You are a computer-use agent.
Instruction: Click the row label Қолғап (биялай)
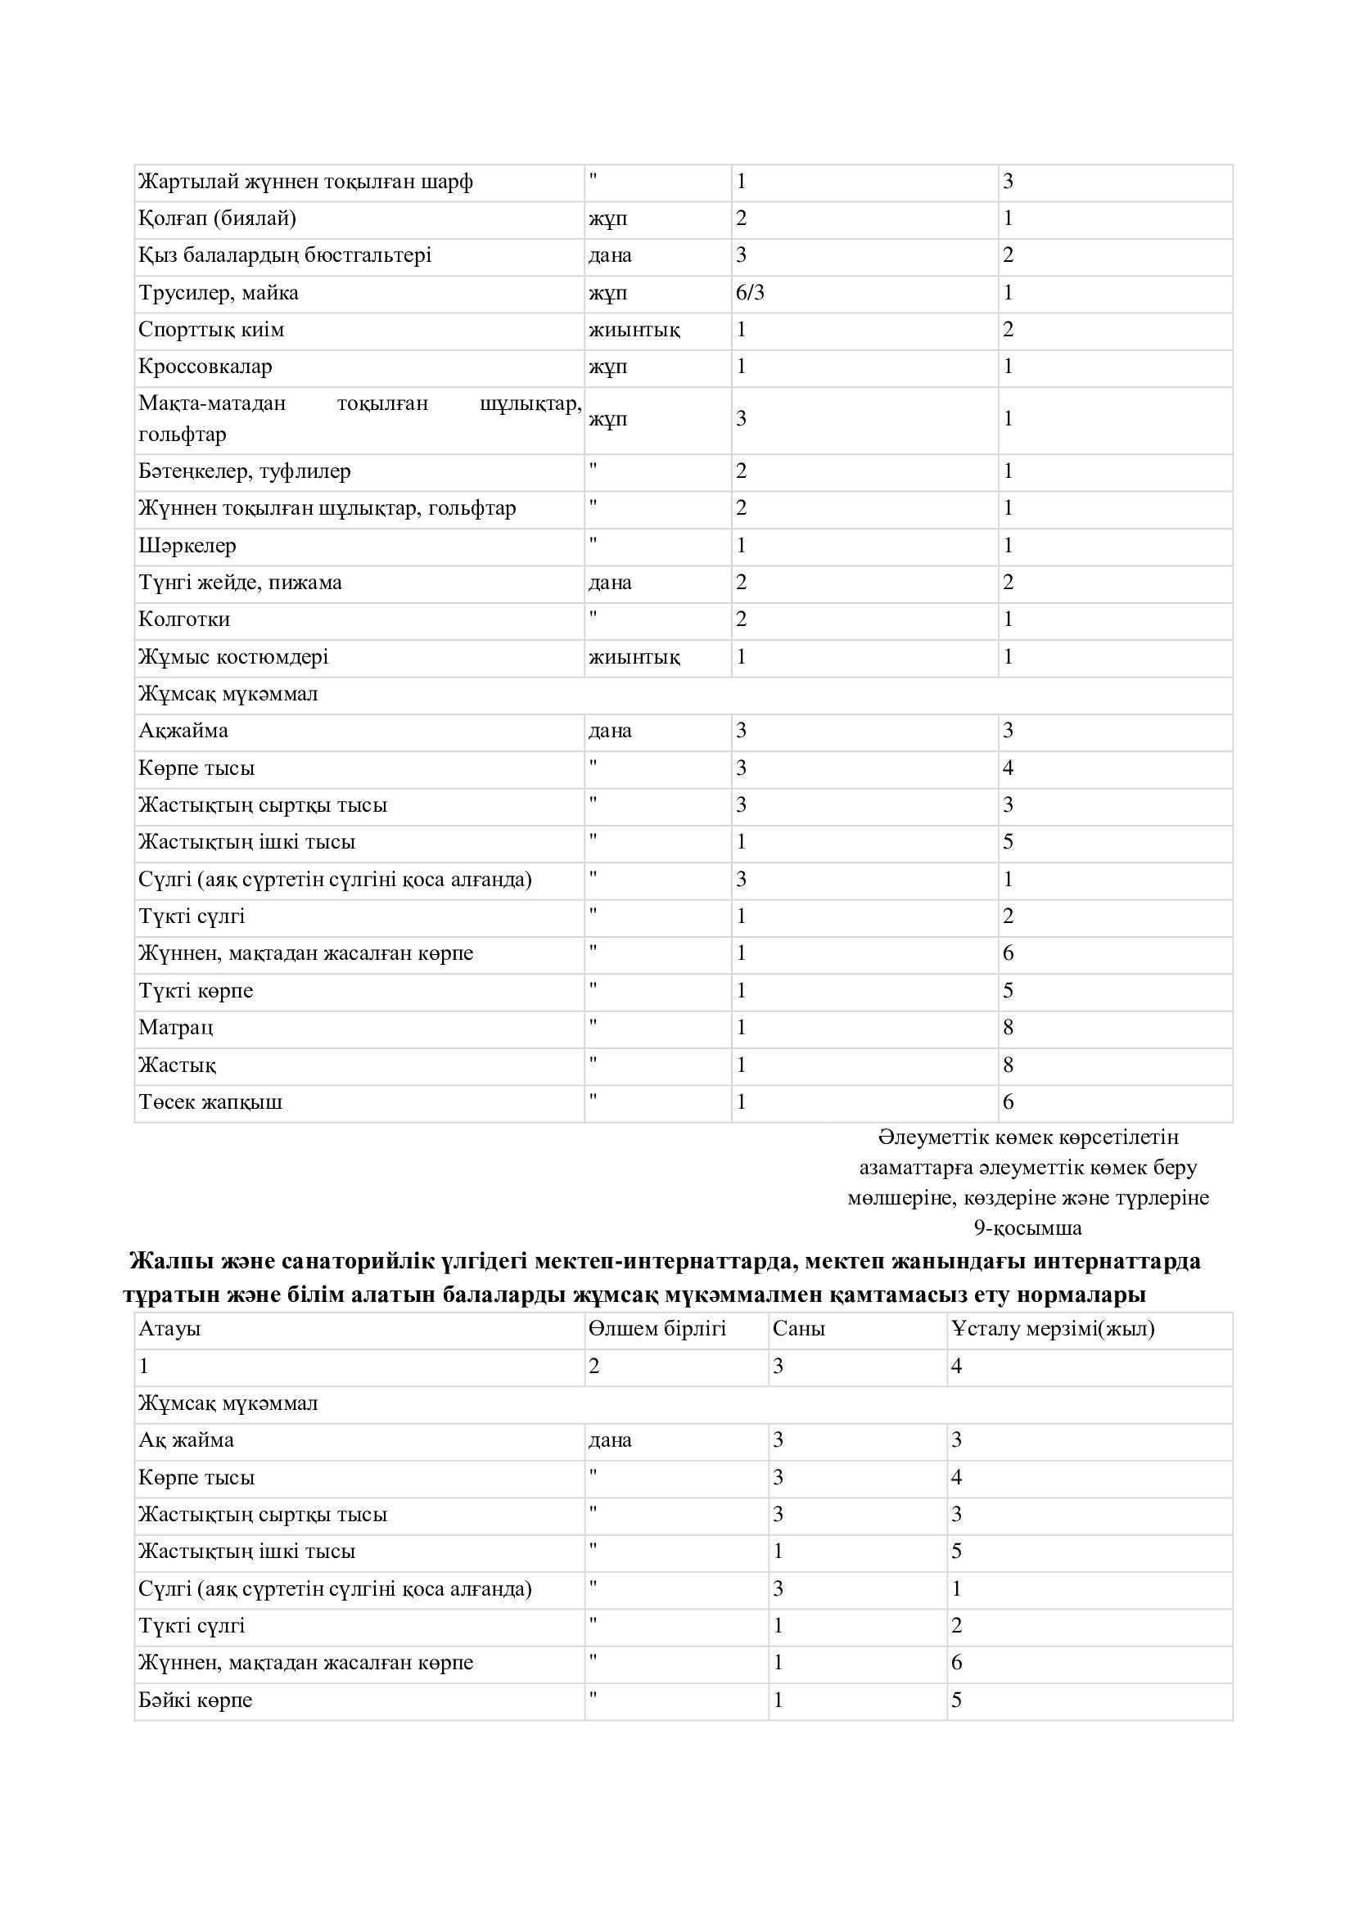(217, 218)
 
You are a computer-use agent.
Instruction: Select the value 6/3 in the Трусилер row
(750, 293)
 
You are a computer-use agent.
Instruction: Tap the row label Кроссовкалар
(205, 367)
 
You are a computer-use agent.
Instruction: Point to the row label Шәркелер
(187, 546)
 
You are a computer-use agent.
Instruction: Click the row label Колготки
(183, 619)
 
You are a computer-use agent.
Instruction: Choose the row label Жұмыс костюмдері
(232, 657)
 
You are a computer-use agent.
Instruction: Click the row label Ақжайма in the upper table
(183, 731)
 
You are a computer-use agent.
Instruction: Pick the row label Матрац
(175, 1028)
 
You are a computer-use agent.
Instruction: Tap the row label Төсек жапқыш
(210, 1102)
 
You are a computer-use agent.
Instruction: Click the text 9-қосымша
(1027, 1228)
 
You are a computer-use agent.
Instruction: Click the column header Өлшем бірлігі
(657, 1329)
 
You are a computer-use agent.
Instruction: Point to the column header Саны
(798, 1329)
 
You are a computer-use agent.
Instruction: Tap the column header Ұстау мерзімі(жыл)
(1052, 1329)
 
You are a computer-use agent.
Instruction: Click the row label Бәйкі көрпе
(195, 1700)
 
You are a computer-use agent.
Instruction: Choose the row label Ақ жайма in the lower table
(186, 1440)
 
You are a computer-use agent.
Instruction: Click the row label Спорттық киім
(211, 330)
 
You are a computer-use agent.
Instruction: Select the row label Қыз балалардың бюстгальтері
(284, 255)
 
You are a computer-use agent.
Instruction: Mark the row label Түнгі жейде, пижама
(239, 583)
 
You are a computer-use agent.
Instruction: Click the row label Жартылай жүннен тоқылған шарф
(305, 182)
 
